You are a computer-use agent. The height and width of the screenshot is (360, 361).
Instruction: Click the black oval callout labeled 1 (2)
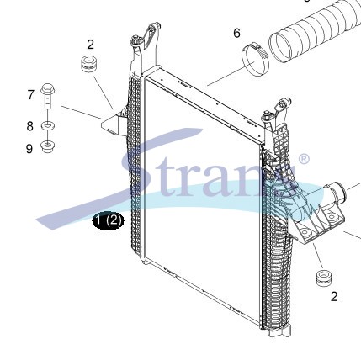109,220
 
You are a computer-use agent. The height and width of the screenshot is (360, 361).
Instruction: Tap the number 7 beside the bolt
31,95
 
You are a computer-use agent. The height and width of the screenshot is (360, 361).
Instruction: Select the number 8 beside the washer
30,126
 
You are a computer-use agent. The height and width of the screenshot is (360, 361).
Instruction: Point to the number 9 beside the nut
29,148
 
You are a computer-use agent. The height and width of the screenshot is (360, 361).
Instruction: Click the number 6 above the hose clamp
237,33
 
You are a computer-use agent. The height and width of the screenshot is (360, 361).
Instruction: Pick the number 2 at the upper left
90,45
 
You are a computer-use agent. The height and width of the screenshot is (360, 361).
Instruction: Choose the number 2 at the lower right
334,297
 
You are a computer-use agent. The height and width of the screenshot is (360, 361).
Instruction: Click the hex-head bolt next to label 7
48,96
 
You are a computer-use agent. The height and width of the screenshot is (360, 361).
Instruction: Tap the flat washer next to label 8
48,125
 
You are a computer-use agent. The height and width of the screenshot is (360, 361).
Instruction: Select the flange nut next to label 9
48,146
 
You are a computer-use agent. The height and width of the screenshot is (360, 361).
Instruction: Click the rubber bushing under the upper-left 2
88,64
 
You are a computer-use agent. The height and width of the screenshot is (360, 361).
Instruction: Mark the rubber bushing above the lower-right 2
324,278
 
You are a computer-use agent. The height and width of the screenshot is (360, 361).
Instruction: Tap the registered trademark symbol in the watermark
303,160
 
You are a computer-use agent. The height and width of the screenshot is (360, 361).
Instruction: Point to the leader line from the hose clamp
231,73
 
